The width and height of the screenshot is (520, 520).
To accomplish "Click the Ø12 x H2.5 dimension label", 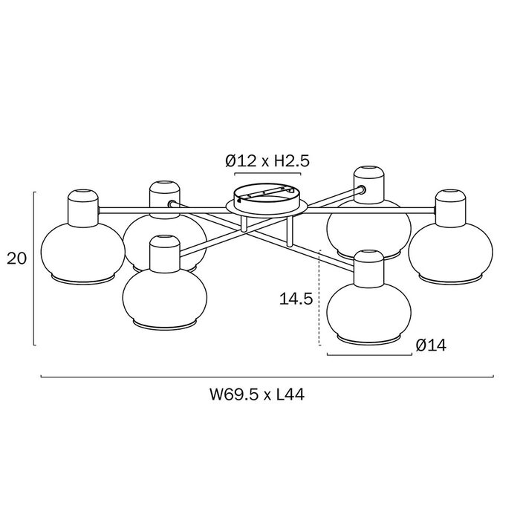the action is [267, 161].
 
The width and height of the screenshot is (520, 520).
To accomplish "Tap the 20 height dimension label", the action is [16, 259].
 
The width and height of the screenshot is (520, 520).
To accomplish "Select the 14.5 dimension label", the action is [296, 299].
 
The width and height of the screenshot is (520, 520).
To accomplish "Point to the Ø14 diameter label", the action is [431, 345].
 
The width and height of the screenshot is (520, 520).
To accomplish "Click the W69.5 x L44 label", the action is [257, 395].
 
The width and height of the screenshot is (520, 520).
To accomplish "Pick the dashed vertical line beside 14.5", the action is [319, 297].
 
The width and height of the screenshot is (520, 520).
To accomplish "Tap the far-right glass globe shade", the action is [450, 253].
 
